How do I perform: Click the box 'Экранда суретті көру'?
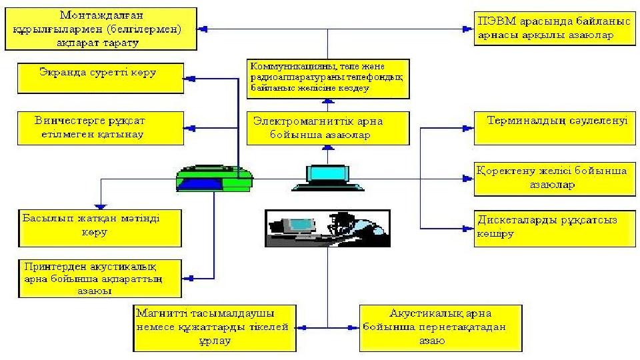[100, 77]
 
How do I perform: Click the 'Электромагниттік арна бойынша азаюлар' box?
[327, 128]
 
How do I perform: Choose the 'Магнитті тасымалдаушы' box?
[213, 328]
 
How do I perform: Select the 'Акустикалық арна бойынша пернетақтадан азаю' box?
[441, 328]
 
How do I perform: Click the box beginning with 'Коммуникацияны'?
[327, 78]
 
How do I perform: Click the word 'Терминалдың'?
[527, 122]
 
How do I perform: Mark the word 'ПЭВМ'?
[493, 22]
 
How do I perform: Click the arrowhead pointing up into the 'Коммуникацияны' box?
[327, 102]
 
